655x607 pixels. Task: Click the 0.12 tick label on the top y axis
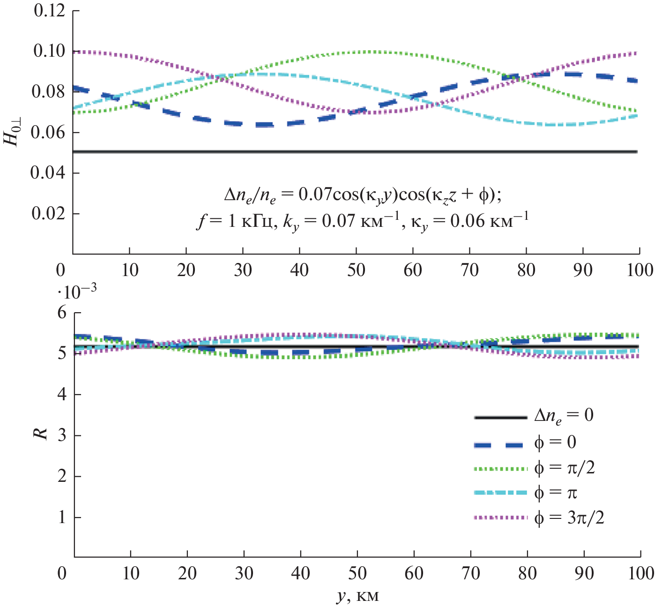pos(49,10)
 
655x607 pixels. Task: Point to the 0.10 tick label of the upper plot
pos(49,51)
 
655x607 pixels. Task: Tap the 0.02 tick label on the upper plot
pos(49,213)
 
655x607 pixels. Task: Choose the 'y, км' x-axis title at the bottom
pos(357,596)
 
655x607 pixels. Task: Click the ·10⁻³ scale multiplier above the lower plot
pos(77,292)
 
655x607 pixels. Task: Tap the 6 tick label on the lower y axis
pos(62,313)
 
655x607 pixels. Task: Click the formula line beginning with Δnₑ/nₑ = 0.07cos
pos(362,195)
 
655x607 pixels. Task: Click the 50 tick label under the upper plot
pos(356,270)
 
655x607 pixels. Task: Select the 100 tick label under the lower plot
pos(640,573)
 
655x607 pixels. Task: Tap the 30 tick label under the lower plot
pos(244,573)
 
